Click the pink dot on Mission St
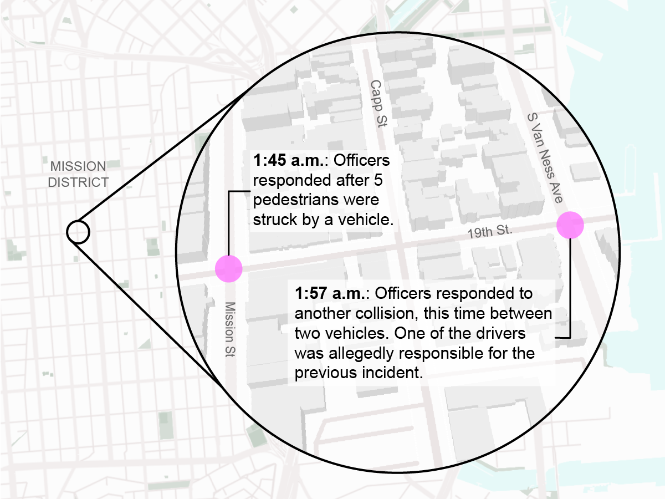(229, 269)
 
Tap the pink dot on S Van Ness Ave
(571, 225)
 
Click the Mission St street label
(231, 329)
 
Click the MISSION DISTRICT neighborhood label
(78, 174)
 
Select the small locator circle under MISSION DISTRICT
(78, 232)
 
